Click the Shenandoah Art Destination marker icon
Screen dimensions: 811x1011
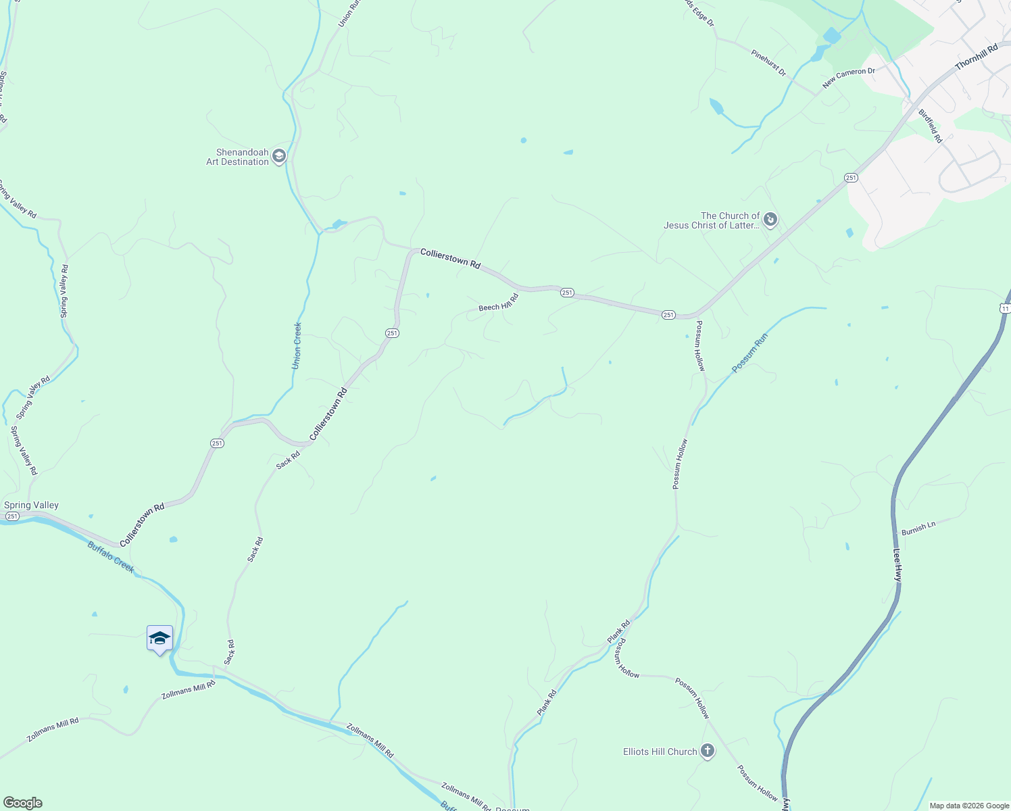point(279,157)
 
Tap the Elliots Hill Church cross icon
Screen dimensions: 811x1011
point(708,752)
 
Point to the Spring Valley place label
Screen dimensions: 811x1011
point(32,506)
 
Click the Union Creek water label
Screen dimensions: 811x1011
point(297,345)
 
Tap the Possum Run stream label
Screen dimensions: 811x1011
point(749,353)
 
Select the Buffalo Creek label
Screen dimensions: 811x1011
point(111,556)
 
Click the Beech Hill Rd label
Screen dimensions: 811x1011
point(498,303)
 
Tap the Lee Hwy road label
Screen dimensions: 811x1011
point(897,564)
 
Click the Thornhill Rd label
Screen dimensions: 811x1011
point(977,57)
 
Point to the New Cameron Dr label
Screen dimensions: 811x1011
point(848,78)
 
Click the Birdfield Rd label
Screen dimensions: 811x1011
point(931,126)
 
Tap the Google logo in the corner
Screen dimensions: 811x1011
point(22,803)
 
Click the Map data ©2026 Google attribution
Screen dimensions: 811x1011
point(969,806)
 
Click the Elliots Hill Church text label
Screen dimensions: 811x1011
point(660,752)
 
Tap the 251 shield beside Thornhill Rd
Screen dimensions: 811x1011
point(851,178)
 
